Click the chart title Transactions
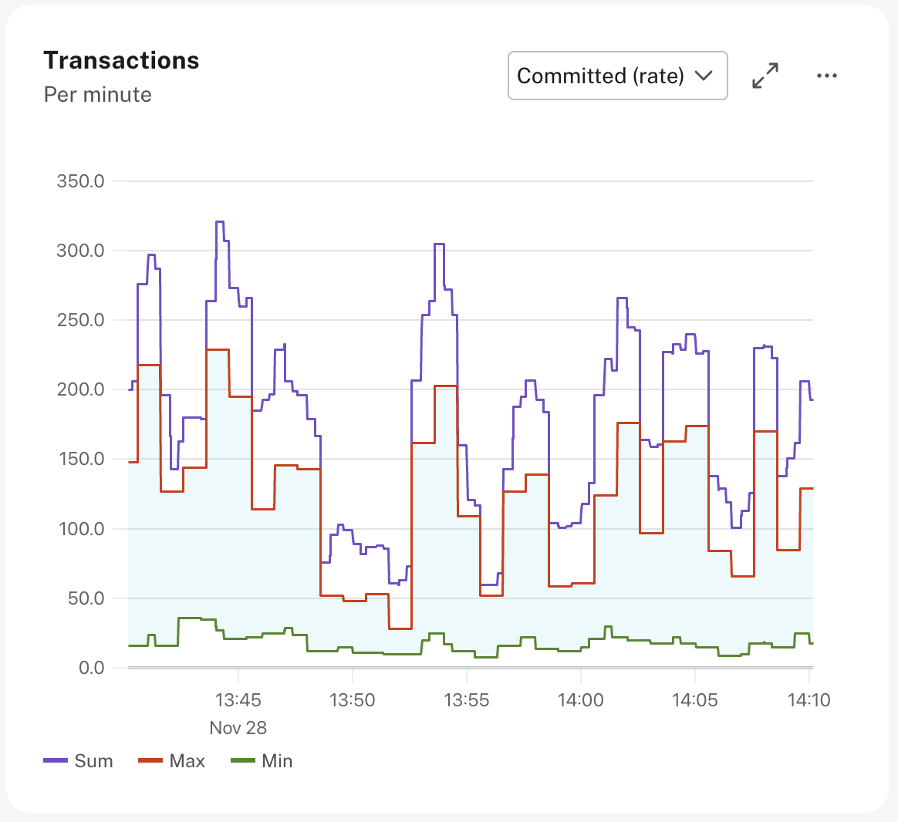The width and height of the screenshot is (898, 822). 121,60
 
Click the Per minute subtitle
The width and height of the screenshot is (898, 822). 97,95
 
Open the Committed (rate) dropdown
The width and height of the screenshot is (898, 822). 617,76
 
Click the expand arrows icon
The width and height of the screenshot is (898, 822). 765,76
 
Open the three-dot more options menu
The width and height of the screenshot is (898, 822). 826,76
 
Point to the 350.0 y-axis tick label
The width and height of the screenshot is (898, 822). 80,181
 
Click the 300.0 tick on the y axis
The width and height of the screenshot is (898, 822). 80,251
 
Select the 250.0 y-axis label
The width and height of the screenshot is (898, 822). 80,320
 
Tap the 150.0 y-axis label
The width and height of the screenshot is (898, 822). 80,459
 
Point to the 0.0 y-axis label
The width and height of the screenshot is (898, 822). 91,668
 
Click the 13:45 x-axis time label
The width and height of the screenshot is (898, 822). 238,700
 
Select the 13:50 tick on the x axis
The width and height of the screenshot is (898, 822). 352,700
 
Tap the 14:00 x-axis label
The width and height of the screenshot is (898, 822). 580,700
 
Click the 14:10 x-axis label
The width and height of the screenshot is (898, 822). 809,700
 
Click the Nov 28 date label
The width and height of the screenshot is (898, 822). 238,728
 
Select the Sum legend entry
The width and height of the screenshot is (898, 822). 79,761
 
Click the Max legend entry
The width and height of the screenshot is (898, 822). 172,761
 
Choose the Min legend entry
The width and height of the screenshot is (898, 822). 262,761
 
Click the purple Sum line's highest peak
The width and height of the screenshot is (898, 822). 220,222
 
